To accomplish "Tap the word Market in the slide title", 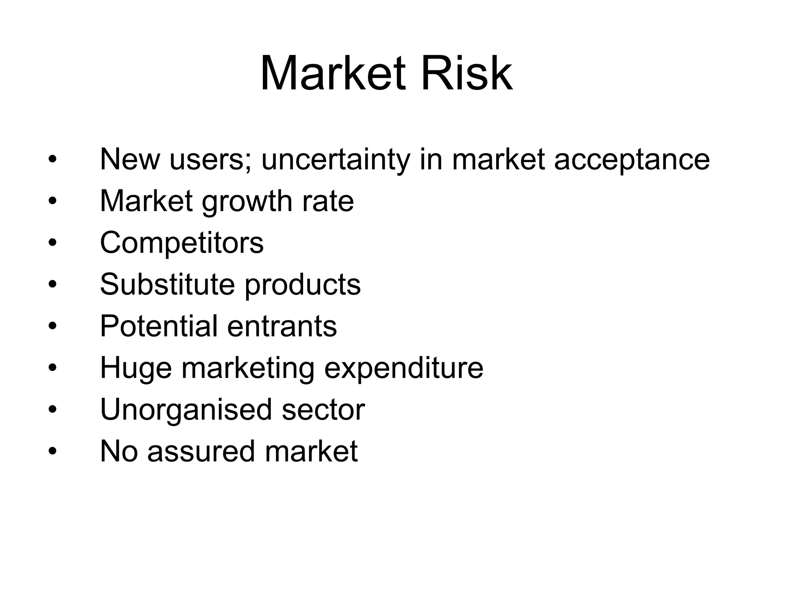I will [x=333, y=74].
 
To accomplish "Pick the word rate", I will [x=328, y=201].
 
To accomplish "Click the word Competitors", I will [x=182, y=243].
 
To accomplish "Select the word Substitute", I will [x=167, y=284].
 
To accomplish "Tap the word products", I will [x=303, y=285].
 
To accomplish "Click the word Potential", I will [x=159, y=326].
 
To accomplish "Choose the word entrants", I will [x=282, y=327].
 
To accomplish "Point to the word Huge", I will [x=136, y=368].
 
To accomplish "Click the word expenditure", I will [x=404, y=368].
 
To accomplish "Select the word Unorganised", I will [x=186, y=410].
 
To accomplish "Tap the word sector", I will [x=323, y=410].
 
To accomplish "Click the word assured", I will [x=201, y=451].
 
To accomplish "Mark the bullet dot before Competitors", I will [x=53, y=243].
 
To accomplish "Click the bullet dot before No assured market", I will [x=53, y=451].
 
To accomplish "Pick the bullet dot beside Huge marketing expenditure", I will [x=53, y=368].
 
